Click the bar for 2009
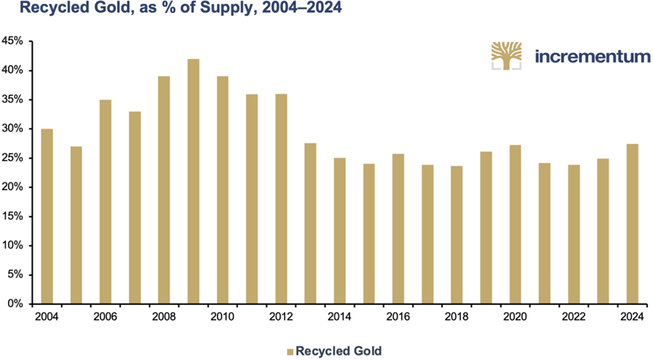coord(193,181)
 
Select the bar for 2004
coord(47,216)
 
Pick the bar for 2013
coord(311,224)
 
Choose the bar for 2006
coord(105,202)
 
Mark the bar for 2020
coord(515,224)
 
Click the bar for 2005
coord(76,225)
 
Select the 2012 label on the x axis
coord(281,316)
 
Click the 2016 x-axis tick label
coord(398,316)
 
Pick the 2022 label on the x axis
coord(573,316)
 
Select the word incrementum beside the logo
coord(592,56)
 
